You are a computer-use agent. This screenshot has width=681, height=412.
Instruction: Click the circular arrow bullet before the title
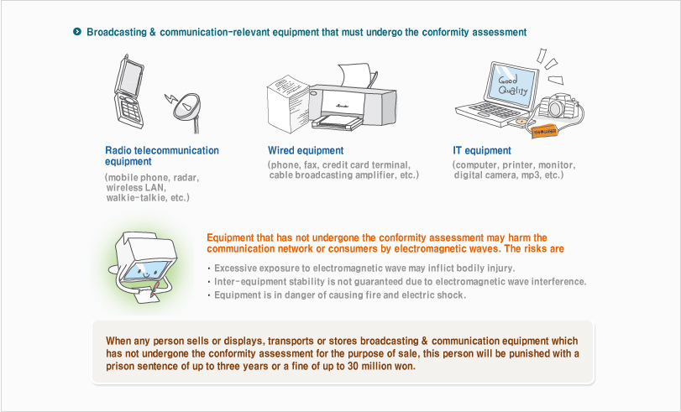[x=77, y=32]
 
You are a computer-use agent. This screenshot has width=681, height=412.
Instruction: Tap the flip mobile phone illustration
[x=129, y=91]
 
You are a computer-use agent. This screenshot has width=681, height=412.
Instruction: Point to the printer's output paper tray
[x=337, y=123]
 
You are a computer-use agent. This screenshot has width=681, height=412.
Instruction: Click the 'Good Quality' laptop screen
[x=512, y=85]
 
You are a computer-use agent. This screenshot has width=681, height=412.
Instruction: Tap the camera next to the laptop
[x=558, y=107]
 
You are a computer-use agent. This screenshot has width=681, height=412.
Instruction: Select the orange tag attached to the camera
[x=544, y=132]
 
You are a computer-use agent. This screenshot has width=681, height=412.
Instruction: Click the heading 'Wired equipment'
[x=306, y=151]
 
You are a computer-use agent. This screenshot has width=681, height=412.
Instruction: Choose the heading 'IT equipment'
[x=482, y=151]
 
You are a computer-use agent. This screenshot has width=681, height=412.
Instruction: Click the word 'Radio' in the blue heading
[x=118, y=151]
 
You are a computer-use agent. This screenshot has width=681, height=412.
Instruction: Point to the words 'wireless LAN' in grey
[x=135, y=188]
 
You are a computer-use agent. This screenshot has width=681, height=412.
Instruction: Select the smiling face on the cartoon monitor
[x=146, y=272]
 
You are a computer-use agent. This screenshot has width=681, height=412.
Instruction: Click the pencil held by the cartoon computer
[x=155, y=290]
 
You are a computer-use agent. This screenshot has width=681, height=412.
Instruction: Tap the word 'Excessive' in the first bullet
[x=234, y=268]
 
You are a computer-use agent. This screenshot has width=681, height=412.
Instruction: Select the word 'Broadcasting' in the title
[x=117, y=32]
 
